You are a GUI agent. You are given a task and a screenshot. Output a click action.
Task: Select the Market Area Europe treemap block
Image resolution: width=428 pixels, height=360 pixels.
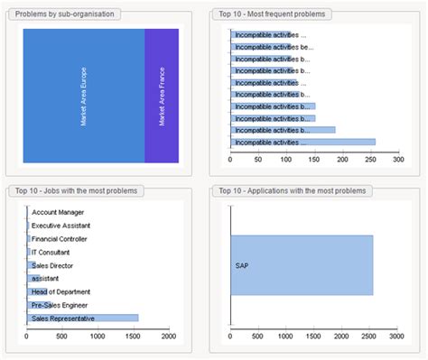tap(83, 96)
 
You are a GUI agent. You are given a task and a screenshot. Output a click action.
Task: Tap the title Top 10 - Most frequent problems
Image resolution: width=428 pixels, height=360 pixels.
tap(273, 14)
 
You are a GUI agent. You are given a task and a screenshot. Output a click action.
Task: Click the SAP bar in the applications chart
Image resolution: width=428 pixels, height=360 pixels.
tap(302, 264)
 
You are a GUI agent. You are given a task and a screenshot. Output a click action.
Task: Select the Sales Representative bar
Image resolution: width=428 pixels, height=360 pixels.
tap(84, 318)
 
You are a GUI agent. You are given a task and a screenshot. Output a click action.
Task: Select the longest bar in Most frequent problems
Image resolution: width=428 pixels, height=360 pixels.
tap(302, 142)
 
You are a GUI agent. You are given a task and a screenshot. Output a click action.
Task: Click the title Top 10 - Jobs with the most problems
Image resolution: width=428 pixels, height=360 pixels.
tap(73, 191)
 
